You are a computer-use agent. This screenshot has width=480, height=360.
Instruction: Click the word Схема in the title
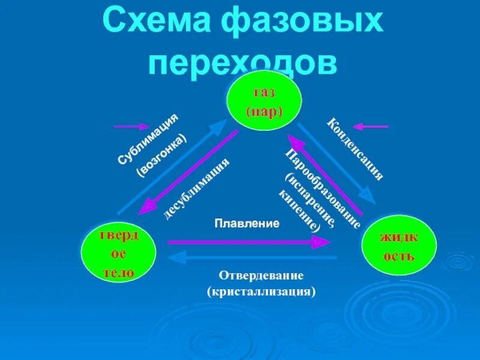158,23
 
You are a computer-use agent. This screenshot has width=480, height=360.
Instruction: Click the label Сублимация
148,139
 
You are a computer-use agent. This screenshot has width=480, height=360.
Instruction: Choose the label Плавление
247,223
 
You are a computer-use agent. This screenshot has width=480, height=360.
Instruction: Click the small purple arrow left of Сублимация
131,127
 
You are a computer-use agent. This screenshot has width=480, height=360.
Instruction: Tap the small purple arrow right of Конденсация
371,127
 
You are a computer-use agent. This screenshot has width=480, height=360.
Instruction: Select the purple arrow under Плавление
248,242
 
